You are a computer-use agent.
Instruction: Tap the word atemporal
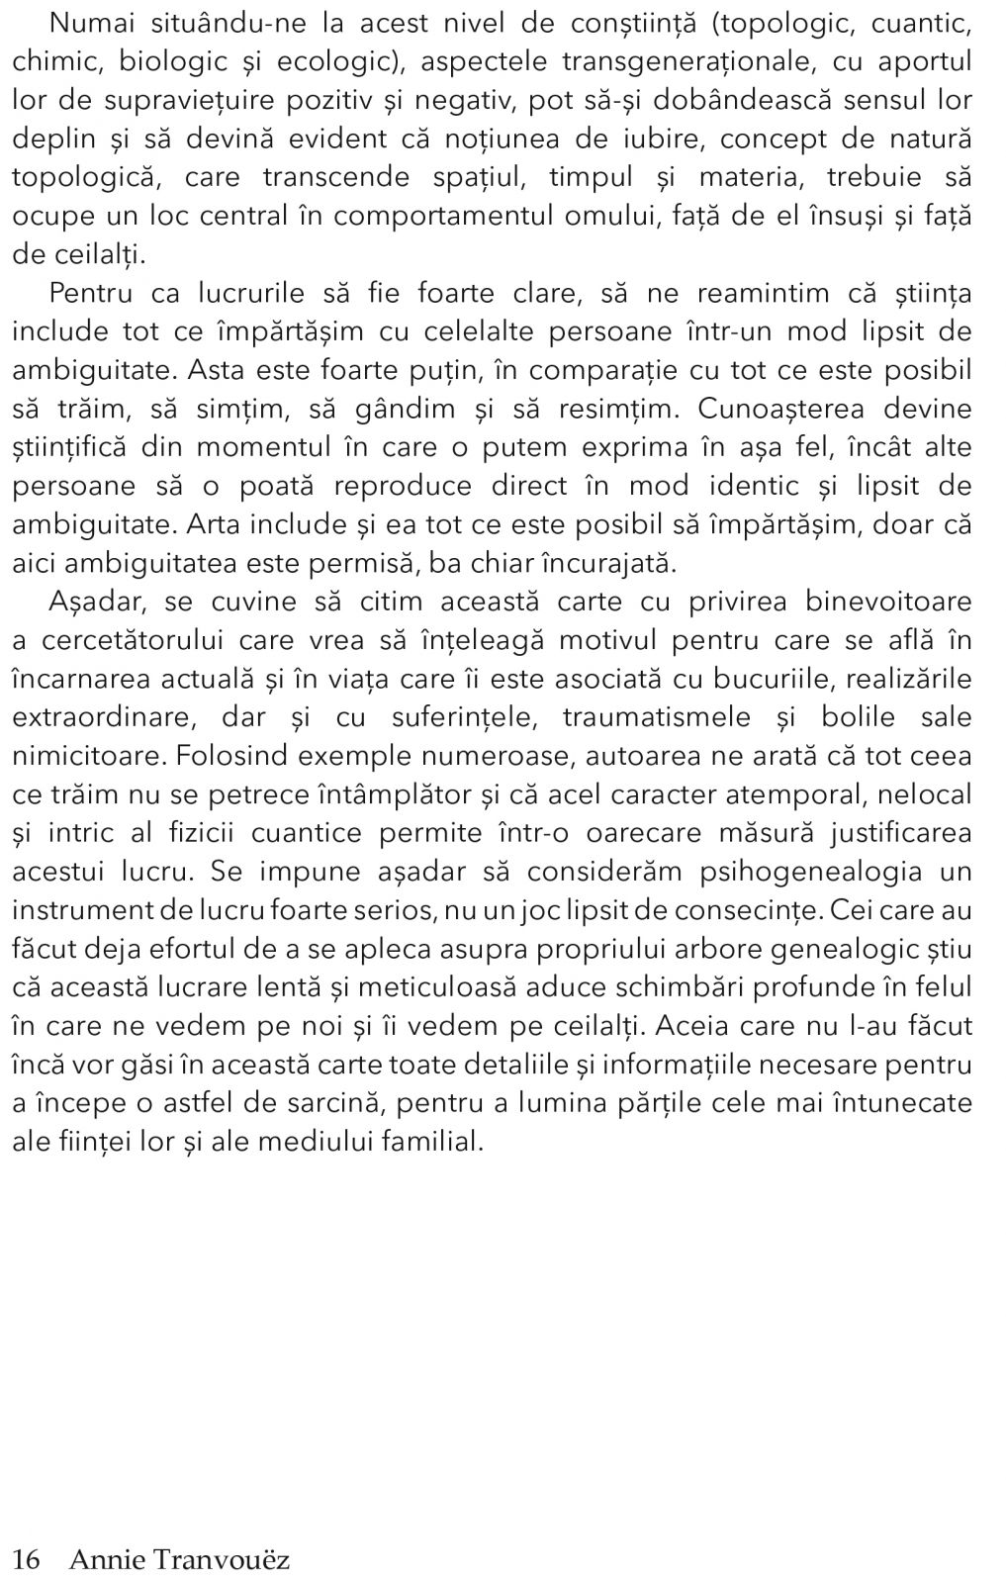795,794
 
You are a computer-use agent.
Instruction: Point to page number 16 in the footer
26,1560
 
